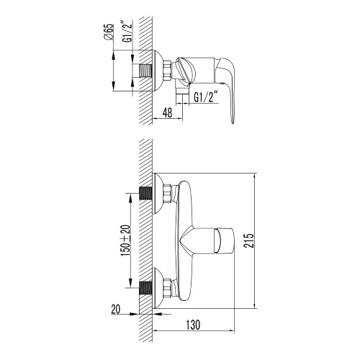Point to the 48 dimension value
(167, 112)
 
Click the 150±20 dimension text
(125, 240)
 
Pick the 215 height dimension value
(248, 240)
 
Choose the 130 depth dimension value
(193, 325)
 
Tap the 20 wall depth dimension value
(115, 309)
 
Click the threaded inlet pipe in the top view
(145, 71)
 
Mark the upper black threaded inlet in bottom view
(145, 194)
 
